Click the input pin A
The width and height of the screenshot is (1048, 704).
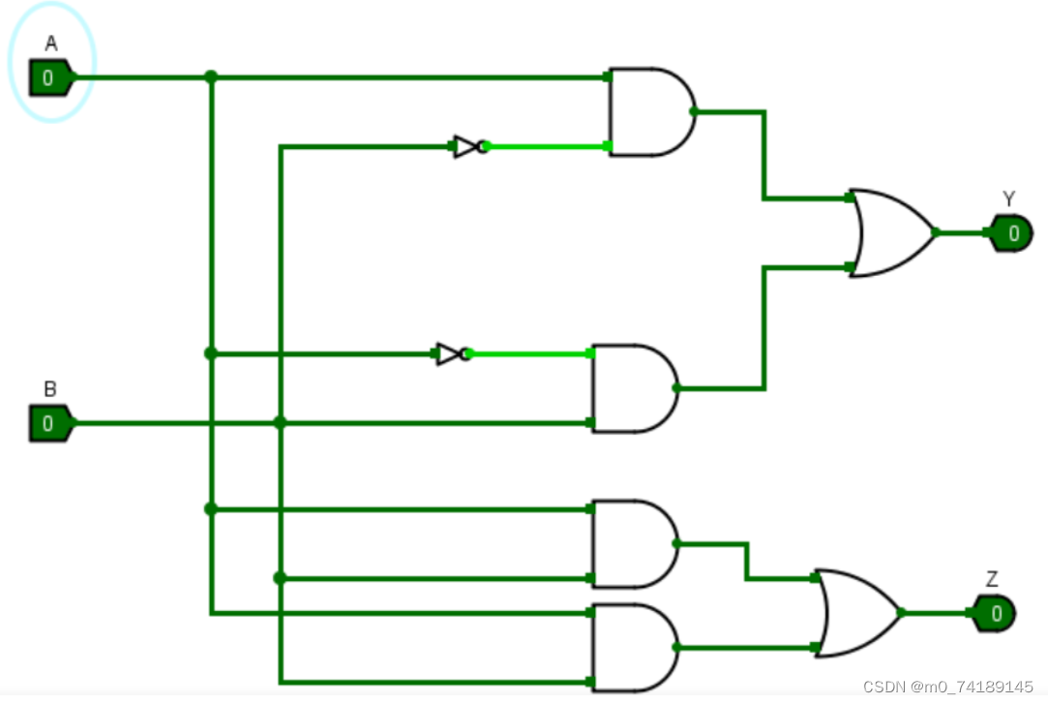pos(48,77)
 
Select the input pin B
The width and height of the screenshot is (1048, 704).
pos(48,424)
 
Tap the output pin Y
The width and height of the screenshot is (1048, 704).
pos(1012,232)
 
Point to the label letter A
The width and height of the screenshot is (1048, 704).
pos(50,44)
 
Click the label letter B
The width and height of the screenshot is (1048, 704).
pos(50,389)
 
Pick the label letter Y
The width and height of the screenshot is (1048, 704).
pos(1009,199)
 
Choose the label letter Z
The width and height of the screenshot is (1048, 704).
pos(992,579)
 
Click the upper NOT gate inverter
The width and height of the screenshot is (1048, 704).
pos(468,147)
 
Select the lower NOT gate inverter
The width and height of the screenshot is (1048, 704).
pos(451,353)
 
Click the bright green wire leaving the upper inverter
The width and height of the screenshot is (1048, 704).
pos(547,147)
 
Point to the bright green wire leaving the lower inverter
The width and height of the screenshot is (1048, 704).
pos(530,353)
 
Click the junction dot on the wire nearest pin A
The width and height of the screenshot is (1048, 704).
pos(211,77)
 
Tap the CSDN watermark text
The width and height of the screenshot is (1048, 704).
pos(947,687)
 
